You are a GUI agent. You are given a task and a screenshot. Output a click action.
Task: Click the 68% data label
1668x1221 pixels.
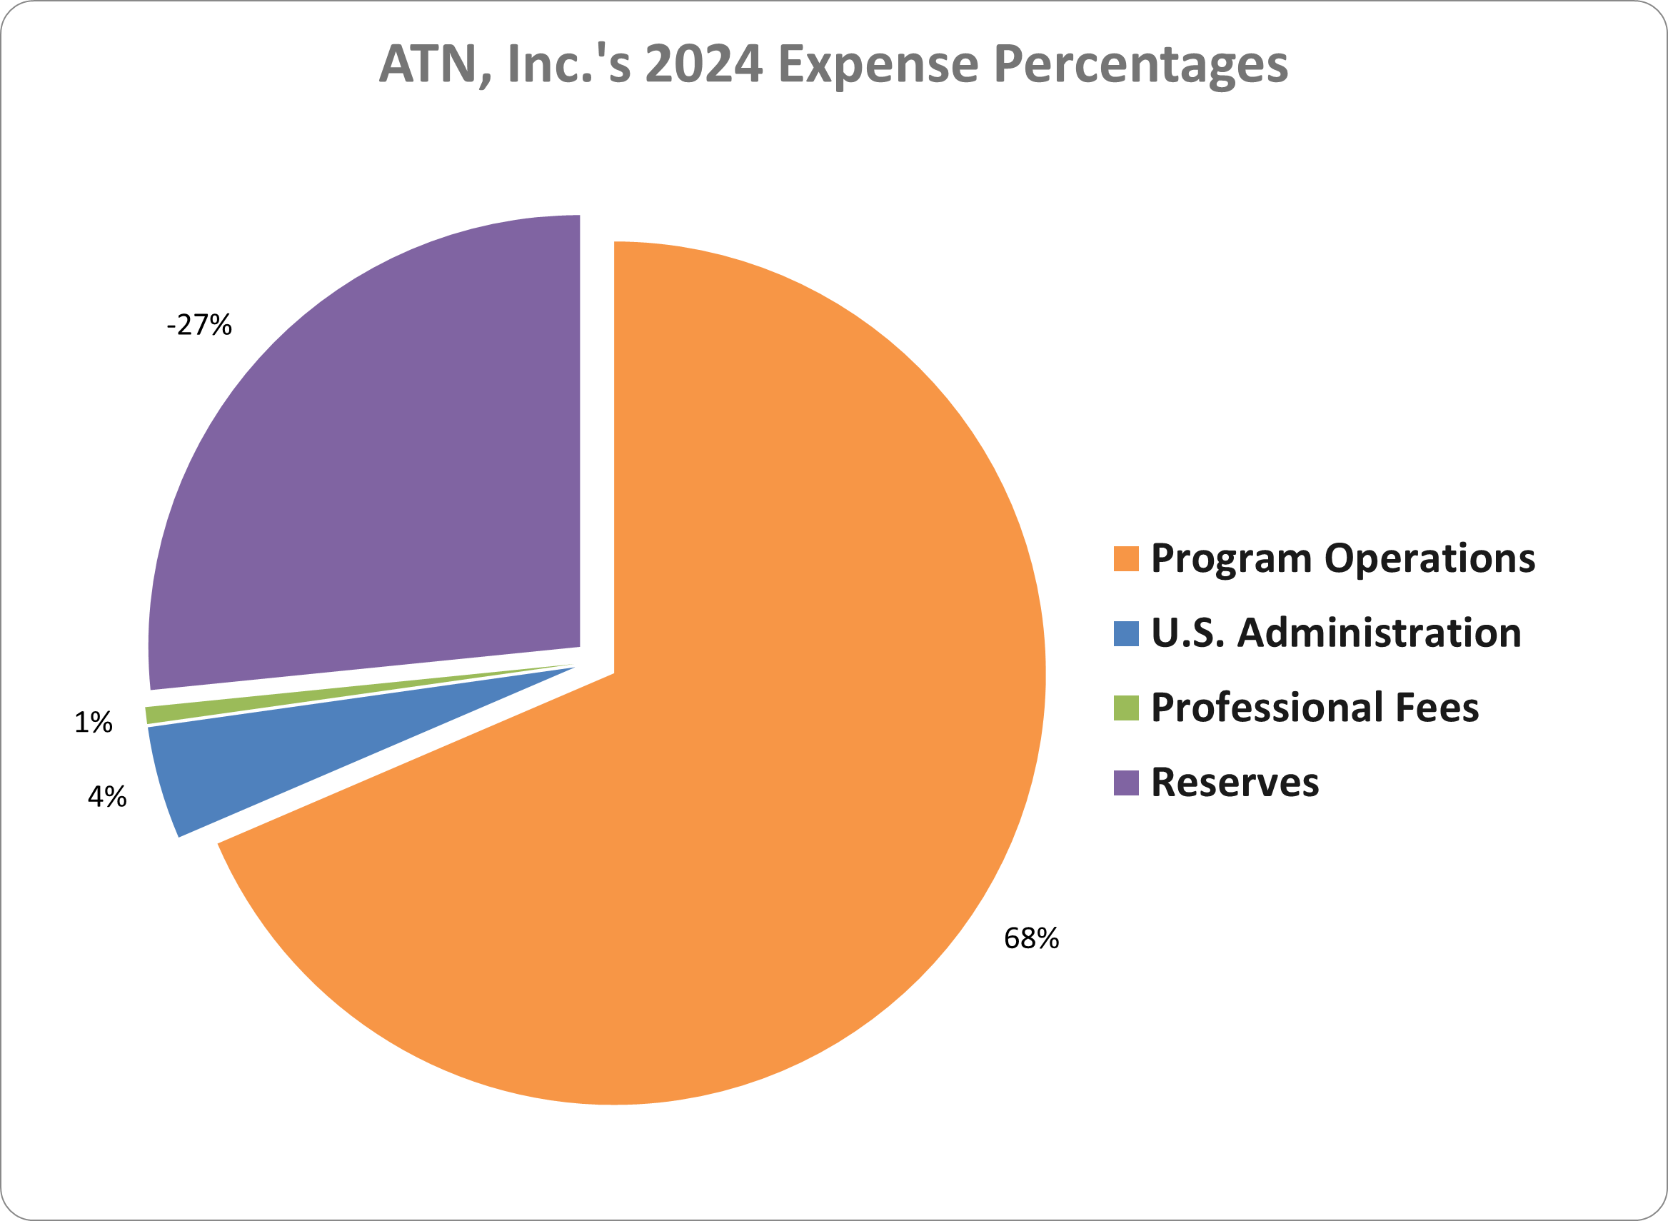[x=1031, y=939]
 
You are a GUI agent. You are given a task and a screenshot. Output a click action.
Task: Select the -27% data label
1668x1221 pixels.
[x=199, y=325]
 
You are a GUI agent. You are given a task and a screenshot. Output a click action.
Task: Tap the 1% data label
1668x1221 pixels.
[x=93, y=723]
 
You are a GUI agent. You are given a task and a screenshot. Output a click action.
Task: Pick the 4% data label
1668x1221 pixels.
[x=107, y=798]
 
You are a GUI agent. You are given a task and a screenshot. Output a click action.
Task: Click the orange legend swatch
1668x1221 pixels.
[x=1125, y=559]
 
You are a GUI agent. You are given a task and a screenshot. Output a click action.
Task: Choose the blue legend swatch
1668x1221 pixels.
[x=1125, y=633]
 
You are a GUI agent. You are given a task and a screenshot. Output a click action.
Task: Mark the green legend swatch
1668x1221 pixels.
[x=1125, y=708]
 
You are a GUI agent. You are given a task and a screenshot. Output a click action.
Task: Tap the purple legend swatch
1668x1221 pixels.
[x=1125, y=783]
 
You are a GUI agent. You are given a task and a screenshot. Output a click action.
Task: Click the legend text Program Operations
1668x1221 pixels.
[x=1343, y=559]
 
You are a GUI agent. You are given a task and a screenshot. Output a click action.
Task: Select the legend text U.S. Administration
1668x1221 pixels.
[x=1336, y=633]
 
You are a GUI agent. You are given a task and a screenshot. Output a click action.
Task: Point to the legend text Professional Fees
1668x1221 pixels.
[x=1315, y=708]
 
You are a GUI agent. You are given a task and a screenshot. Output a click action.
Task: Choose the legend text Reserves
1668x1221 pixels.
[x=1235, y=783]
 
